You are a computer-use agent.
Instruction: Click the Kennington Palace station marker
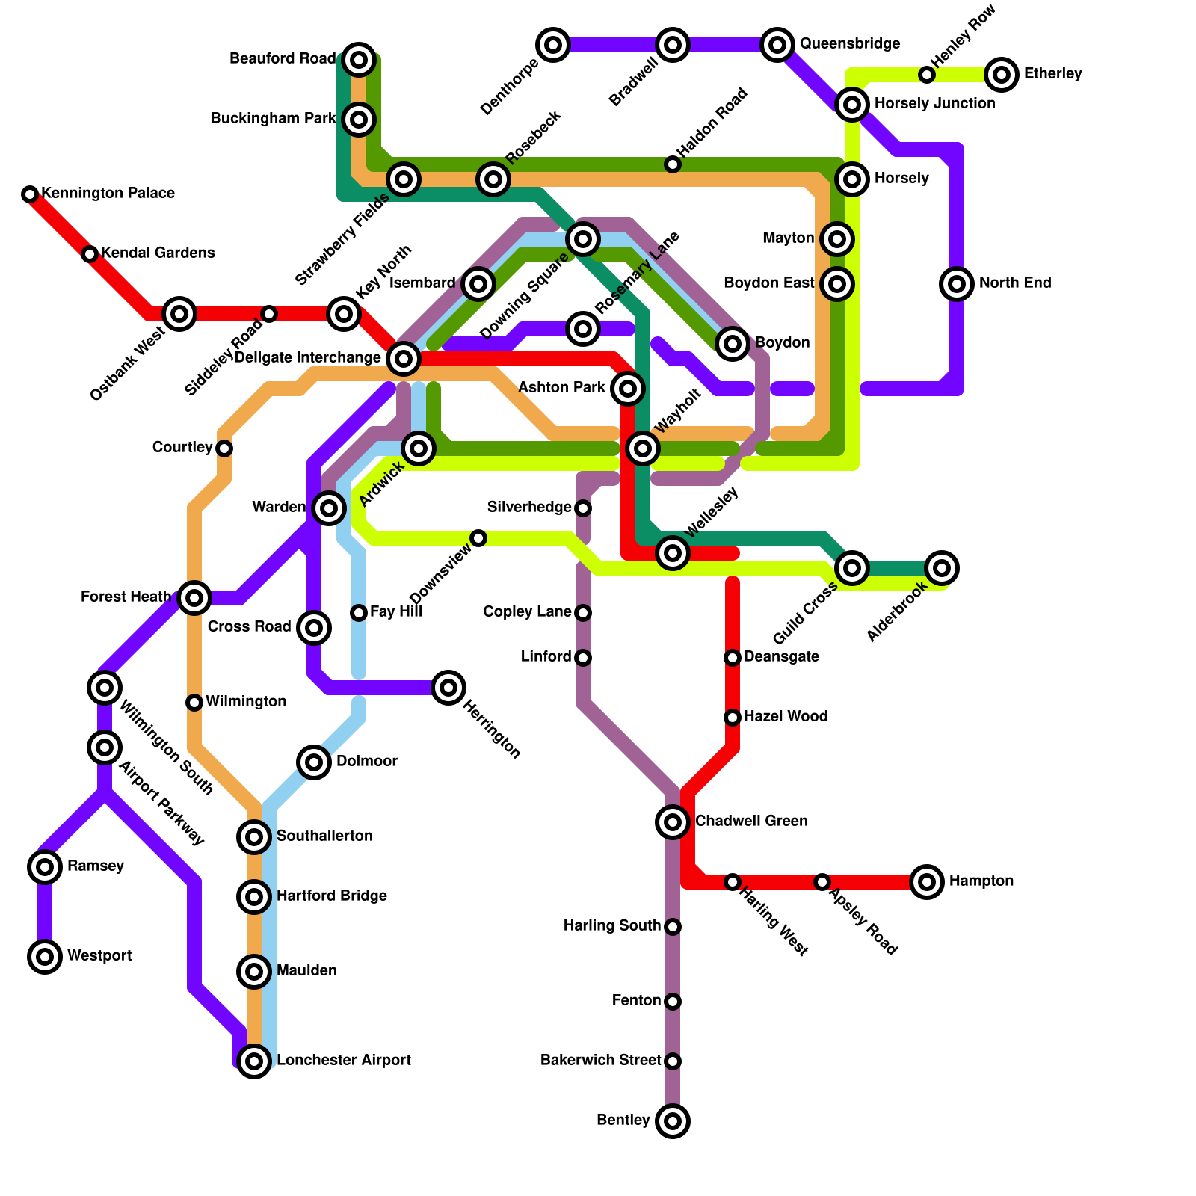30,194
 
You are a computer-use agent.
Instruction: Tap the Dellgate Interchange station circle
404,359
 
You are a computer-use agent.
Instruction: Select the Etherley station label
1052,74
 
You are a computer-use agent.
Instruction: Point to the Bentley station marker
673,1121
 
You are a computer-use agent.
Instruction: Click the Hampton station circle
927,882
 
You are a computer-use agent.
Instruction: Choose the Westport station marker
45,957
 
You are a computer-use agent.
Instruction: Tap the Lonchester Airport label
343,1061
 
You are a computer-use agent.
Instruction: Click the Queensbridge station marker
777,45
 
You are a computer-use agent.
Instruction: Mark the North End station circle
957,284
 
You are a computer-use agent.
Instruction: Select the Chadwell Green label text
750,822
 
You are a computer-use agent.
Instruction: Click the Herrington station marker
449,688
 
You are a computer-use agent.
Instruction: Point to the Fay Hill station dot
359,613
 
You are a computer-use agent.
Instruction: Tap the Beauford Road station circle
359,60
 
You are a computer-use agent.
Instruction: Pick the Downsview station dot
478,538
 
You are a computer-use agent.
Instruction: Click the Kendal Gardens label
158,253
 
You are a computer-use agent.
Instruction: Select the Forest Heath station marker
194,598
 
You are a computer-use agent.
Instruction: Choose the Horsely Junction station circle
852,105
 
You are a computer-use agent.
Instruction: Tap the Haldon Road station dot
673,164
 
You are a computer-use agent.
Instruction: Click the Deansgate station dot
733,658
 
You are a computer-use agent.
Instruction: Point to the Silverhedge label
529,508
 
